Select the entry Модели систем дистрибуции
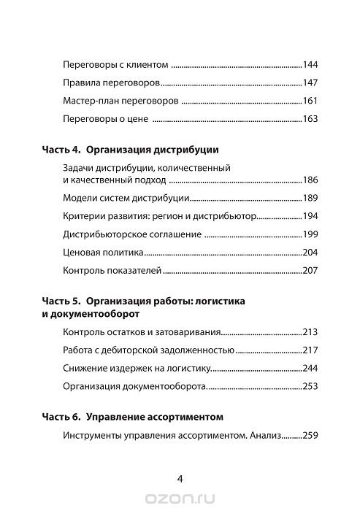tap(126, 198)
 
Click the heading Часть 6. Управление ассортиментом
tap(139, 418)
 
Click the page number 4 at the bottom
tap(180, 478)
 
